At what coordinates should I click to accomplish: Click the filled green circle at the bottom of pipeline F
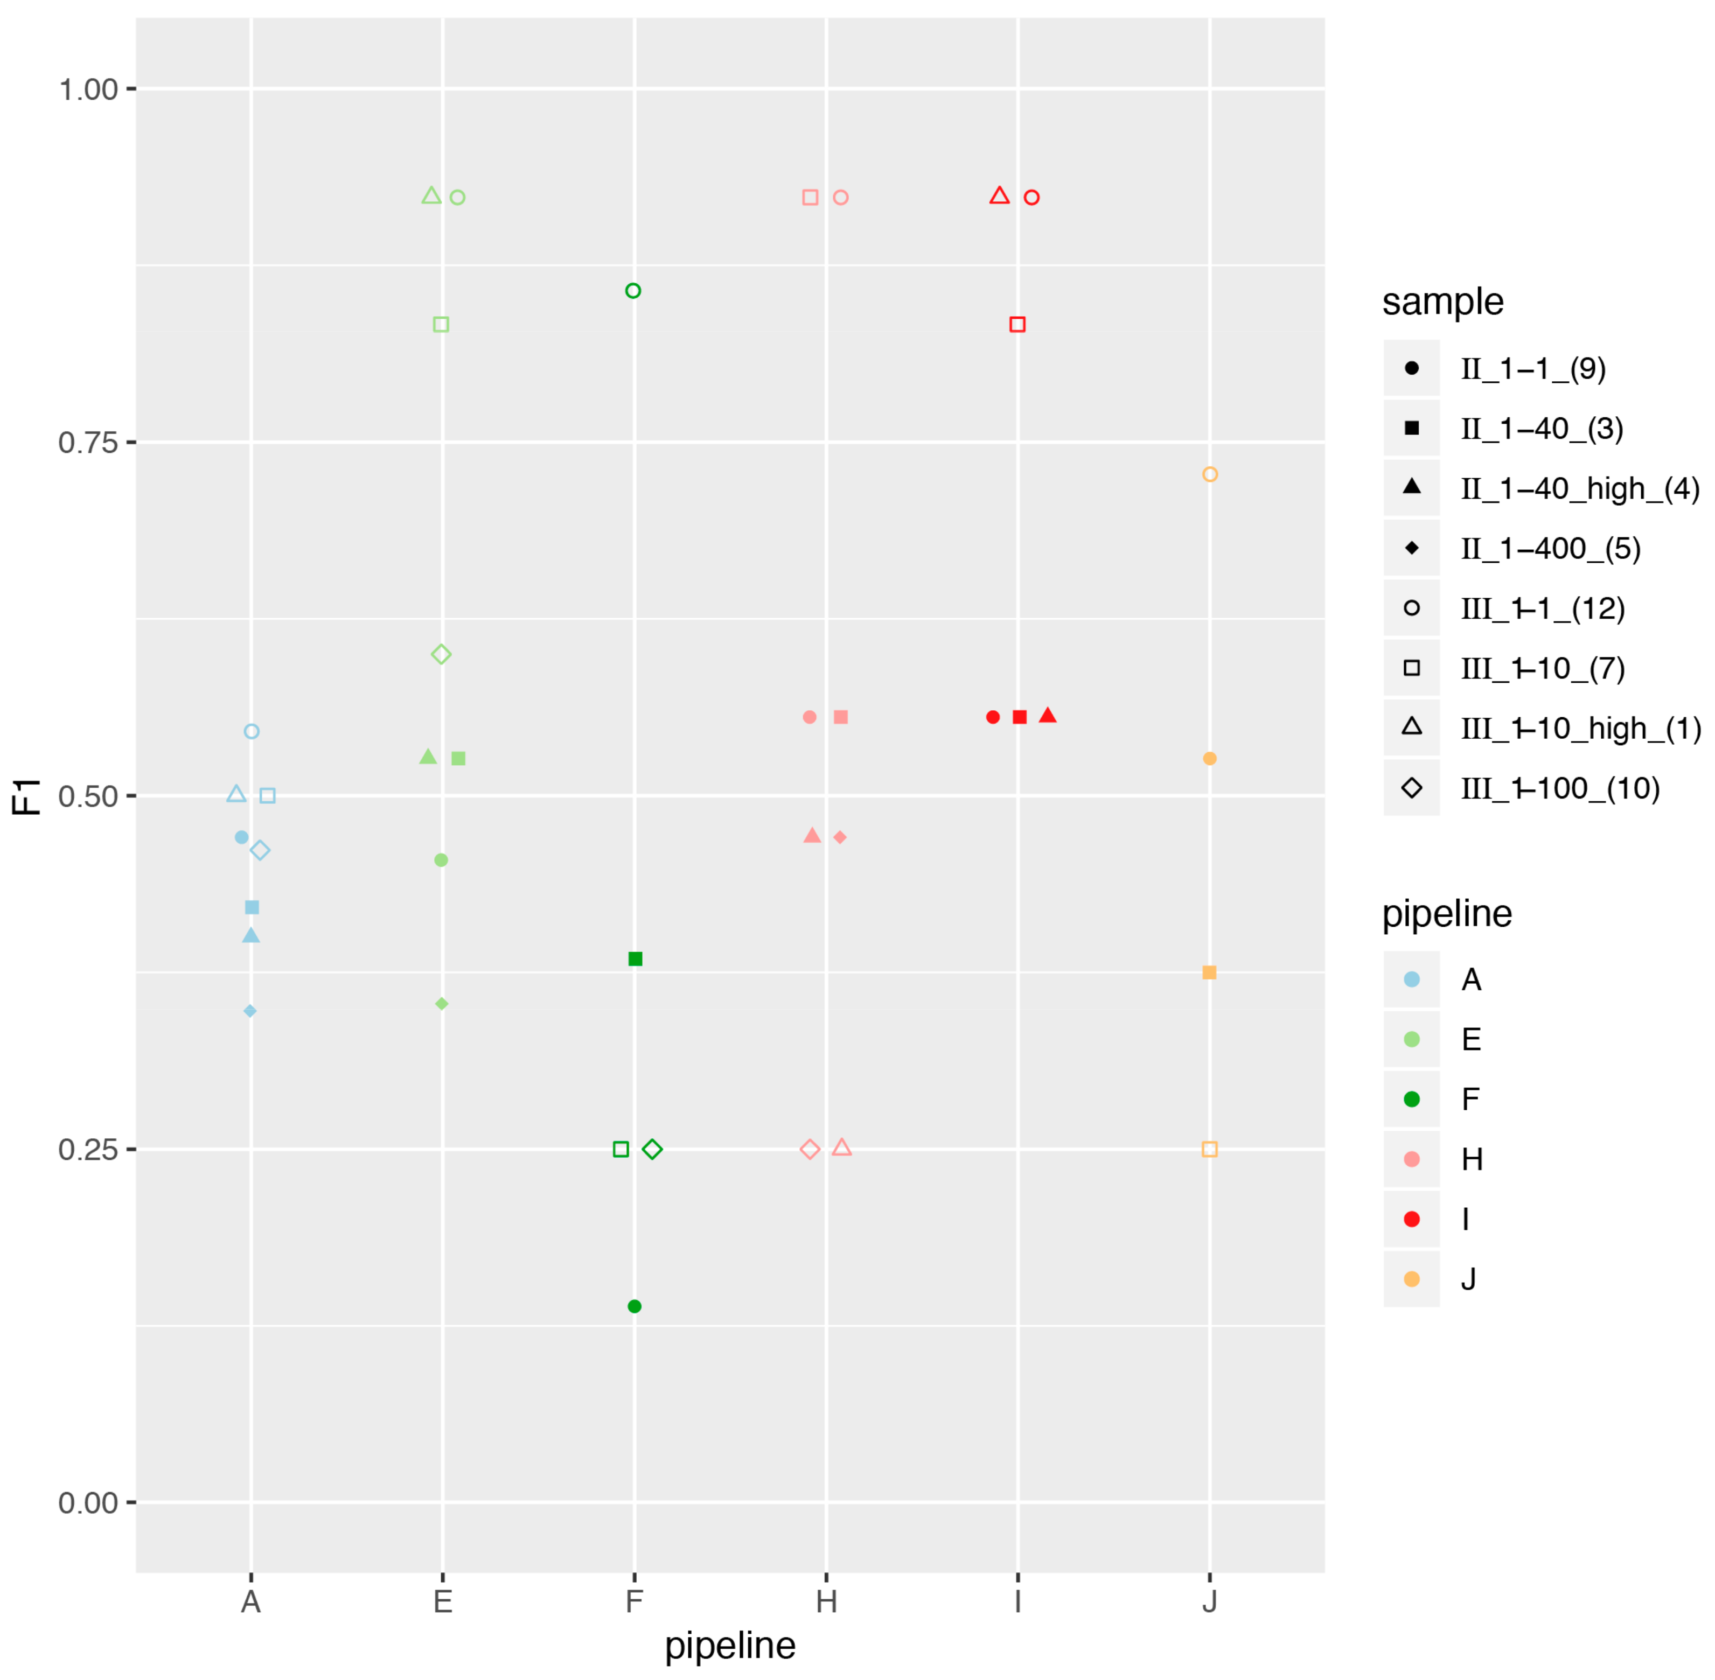click(634, 1306)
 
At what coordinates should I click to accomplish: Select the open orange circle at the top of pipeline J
click(1209, 475)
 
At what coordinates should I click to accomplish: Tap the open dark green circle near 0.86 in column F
click(633, 291)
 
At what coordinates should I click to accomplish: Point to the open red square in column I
click(1017, 325)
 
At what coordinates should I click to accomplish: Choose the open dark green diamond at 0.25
click(652, 1149)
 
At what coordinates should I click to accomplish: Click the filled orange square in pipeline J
click(1209, 972)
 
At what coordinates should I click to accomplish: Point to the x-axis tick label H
click(826, 1601)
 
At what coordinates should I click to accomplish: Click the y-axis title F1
click(26, 796)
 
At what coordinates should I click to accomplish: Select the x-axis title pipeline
click(730, 1646)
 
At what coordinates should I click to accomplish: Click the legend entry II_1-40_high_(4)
click(1579, 488)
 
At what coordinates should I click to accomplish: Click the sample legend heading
click(1442, 302)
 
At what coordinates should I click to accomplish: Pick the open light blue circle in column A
click(252, 731)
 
